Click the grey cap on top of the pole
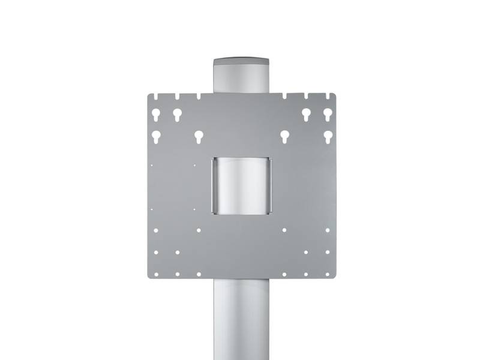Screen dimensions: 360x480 [240, 62]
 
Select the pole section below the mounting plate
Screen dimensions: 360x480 [240, 318]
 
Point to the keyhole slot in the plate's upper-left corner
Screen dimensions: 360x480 [155, 114]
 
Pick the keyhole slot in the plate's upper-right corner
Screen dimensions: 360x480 [328, 114]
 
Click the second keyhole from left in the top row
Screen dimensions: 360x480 [177, 114]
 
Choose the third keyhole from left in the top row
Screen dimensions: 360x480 [306, 114]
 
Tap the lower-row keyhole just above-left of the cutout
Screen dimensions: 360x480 [199, 136]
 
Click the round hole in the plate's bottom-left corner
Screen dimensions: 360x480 [155, 274]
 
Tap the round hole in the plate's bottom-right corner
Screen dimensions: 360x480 [328, 274]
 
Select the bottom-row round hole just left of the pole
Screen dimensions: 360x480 [199, 274]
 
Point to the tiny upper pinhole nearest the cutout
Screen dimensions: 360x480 [196, 163]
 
